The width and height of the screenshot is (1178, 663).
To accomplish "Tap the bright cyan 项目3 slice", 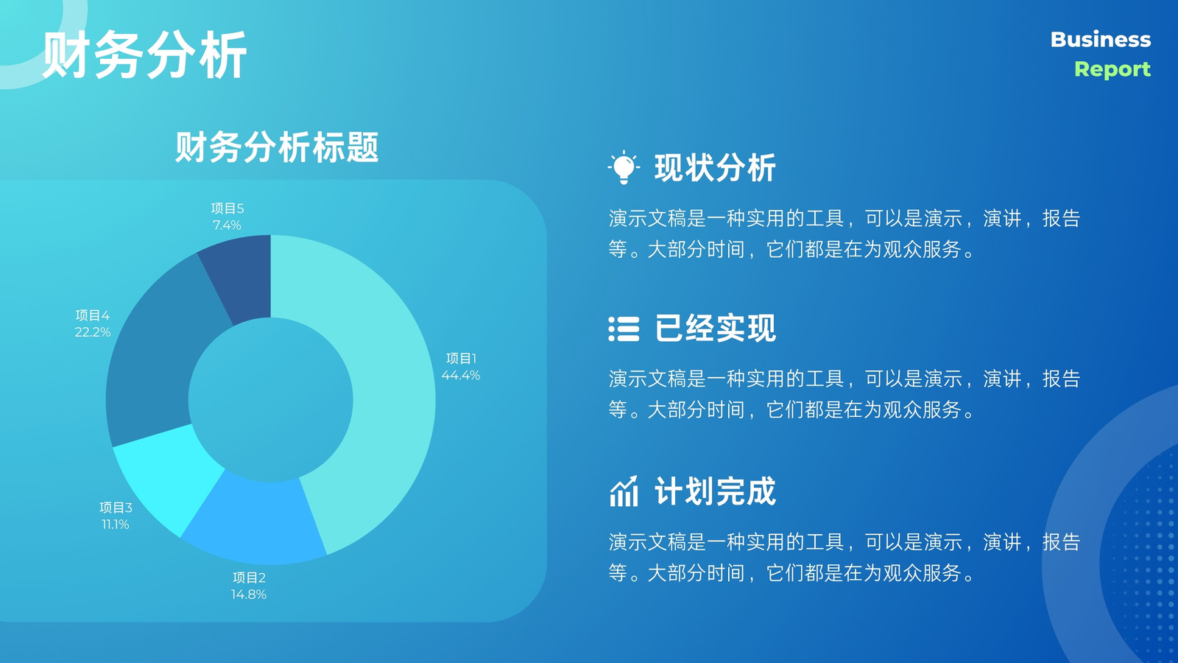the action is [x=169, y=474].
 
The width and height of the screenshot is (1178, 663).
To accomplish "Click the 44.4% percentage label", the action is [x=461, y=375].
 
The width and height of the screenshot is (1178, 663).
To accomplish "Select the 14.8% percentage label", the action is [x=249, y=594].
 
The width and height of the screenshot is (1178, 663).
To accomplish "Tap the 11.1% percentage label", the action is [x=115, y=525].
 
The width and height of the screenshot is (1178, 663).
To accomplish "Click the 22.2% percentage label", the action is [x=93, y=332].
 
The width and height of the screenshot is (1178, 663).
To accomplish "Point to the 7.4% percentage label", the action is [x=228, y=225].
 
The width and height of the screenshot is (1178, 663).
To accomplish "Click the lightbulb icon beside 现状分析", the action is [x=624, y=167].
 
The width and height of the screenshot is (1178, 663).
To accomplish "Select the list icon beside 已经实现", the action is [x=624, y=329].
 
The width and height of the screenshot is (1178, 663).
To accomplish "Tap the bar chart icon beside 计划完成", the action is [x=624, y=491].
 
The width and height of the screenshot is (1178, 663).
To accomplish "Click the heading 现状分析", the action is [x=715, y=169].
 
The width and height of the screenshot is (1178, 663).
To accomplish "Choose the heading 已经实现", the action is [x=715, y=329].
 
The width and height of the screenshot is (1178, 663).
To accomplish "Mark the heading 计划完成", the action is [x=715, y=491].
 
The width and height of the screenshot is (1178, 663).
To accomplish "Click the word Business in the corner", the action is [x=1101, y=40].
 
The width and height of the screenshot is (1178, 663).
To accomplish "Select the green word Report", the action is [x=1112, y=69].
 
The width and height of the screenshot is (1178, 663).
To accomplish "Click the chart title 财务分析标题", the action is [x=277, y=147].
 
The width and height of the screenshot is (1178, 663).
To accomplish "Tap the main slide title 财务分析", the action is [x=144, y=55].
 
